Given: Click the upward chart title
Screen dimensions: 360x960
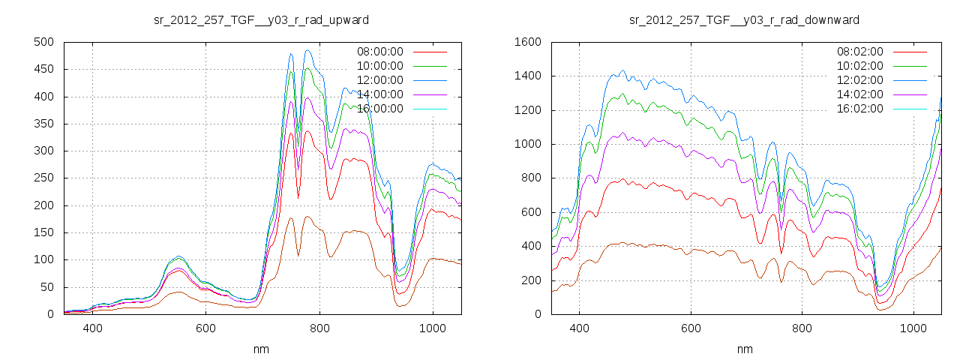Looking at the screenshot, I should point(261,19).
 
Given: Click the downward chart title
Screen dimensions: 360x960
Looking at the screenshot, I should point(744,19).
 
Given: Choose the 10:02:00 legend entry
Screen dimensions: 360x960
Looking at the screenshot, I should point(859,66).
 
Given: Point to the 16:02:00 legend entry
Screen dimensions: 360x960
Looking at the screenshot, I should point(859,109).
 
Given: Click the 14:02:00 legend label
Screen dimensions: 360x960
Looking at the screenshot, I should point(859,94).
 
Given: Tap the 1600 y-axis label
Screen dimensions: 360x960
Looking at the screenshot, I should point(527,42).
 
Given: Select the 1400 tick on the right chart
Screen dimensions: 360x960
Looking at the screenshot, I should point(527,76).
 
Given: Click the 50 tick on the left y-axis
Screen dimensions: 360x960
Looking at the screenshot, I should point(46,287).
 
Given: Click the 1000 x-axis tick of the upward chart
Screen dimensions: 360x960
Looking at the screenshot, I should point(433,328).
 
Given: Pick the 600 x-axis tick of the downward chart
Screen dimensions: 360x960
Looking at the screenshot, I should point(691,328).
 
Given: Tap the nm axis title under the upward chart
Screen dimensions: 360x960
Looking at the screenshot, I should point(261,349).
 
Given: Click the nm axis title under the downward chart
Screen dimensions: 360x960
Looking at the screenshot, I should point(744,349).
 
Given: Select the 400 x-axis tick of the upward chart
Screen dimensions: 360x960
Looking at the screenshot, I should point(93,328).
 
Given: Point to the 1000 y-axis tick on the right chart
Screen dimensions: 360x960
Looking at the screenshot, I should point(527,145).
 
